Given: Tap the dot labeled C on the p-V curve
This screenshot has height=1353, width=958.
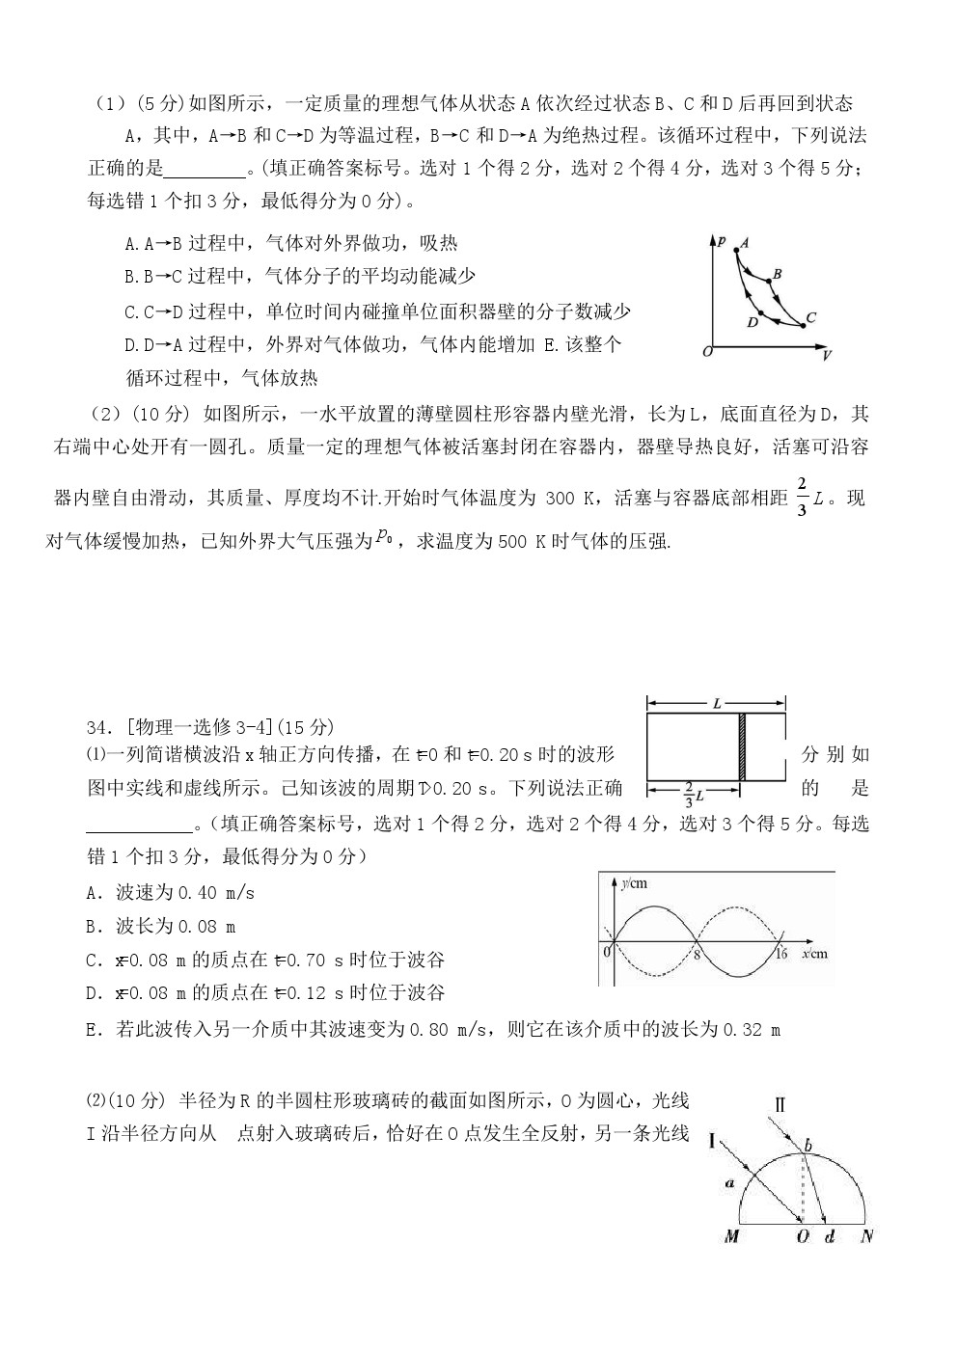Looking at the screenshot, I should coord(804,326).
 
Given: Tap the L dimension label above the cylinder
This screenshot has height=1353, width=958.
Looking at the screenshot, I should coord(717,704).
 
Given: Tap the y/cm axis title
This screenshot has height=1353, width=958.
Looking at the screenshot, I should coord(634,882).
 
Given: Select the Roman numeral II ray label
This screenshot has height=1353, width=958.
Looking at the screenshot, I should coord(780,1105).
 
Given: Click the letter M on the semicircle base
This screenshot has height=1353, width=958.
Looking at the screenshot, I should coord(731,1235).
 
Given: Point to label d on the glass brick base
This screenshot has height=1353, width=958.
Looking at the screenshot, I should coord(829,1235).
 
